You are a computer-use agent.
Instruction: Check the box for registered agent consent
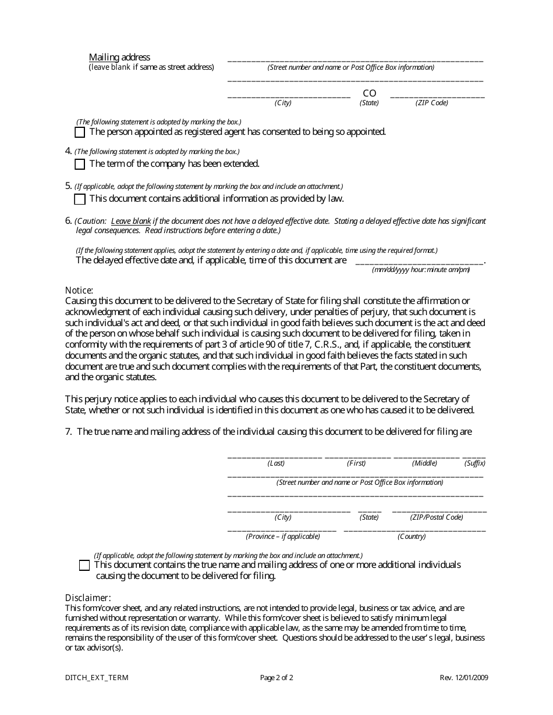point(80,132)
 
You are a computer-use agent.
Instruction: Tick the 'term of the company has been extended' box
point(80,165)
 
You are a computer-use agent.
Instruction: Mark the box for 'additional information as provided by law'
point(80,199)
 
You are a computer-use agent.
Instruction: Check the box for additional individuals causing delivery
point(84,565)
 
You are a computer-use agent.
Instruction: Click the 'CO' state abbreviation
point(370,94)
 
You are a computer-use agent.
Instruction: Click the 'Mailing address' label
point(119,57)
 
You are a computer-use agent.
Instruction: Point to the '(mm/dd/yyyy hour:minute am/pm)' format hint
point(421,270)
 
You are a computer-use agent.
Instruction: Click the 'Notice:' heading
point(79,290)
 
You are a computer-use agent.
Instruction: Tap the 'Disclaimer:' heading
point(88,598)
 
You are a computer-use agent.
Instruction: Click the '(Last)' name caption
point(276,463)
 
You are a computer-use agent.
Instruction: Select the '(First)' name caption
point(356,463)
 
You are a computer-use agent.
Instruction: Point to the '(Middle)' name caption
point(424,463)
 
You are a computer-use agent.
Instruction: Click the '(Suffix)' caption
point(474,463)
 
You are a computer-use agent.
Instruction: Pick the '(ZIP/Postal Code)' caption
point(437,517)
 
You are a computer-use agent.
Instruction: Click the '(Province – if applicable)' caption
point(283,537)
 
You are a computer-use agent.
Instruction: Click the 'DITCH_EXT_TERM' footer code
point(97,678)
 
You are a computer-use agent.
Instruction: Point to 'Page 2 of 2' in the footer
point(276,678)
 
